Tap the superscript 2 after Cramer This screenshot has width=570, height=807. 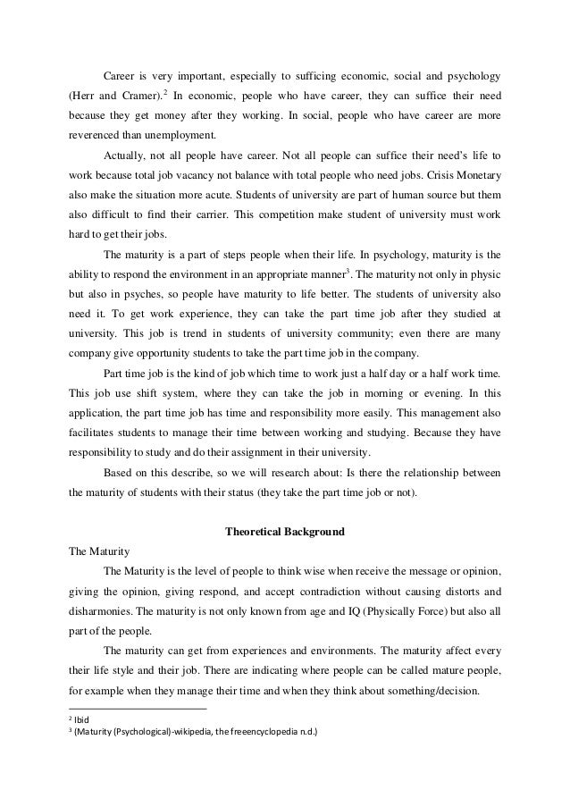point(166,90)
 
